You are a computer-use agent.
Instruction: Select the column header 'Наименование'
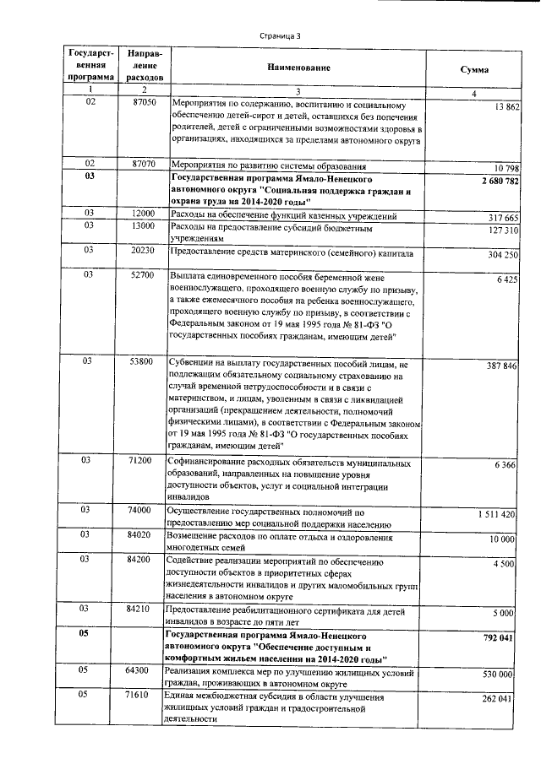click(x=297, y=67)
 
